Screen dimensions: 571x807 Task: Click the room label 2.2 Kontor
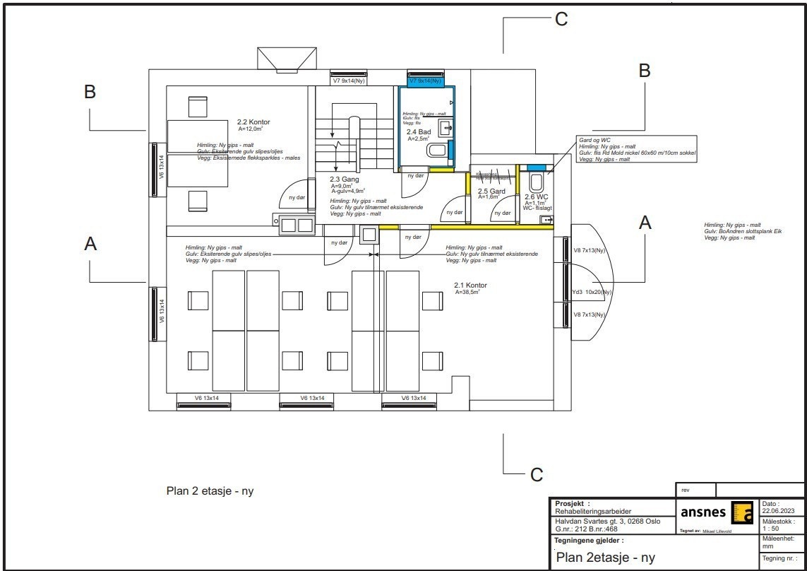pos(253,122)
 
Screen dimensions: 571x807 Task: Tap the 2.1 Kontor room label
pos(470,285)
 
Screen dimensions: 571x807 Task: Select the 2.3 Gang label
pos(345,179)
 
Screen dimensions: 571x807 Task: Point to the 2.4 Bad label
pos(418,132)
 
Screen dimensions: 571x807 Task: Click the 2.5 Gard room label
pos(491,192)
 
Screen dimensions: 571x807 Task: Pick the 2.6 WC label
pos(536,196)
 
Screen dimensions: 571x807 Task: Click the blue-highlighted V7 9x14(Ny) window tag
pos(426,81)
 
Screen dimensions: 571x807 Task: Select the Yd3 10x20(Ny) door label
pos(592,292)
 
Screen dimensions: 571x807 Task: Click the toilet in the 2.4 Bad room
pos(438,150)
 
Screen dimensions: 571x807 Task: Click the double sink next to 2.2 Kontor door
pos(297,225)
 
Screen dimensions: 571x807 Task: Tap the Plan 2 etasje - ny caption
pos(209,491)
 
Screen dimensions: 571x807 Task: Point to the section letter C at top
pos(561,20)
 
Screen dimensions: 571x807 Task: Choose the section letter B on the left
pos(90,92)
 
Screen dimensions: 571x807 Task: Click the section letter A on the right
pos(645,223)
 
